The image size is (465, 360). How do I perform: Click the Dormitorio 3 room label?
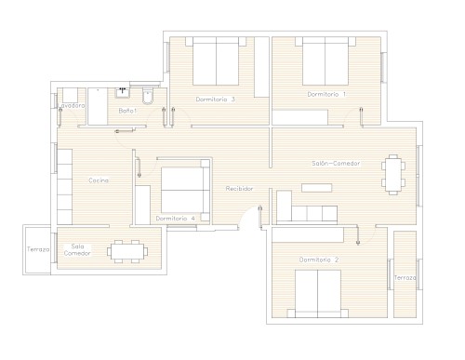pyautogui.click(x=216, y=100)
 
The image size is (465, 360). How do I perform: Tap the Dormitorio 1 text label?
pyautogui.click(x=326, y=94)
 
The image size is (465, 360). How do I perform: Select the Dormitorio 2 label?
pyautogui.click(x=319, y=260)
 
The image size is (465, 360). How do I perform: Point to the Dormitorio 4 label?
pyautogui.click(x=175, y=219)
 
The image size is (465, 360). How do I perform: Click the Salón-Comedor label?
pyautogui.click(x=336, y=164)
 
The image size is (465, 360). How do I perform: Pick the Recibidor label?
pyautogui.click(x=239, y=189)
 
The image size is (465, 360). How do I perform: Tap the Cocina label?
pyautogui.click(x=99, y=180)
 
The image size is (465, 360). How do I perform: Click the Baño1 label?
pyautogui.click(x=127, y=111)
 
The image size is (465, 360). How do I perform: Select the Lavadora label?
pyautogui.click(x=72, y=106)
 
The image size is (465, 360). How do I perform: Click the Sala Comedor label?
pyautogui.click(x=77, y=250)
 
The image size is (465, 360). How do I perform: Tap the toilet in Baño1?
pyautogui.click(x=148, y=97)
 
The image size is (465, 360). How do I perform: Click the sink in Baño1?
pyautogui.click(x=123, y=93)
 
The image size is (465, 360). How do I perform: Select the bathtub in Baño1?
pyautogui.click(x=98, y=106)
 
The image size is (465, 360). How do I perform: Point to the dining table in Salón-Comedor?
pyautogui.click(x=393, y=175)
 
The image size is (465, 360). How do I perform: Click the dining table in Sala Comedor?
pyautogui.click(x=127, y=251)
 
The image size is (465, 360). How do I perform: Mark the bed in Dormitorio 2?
pyautogui.click(x=318, y=294)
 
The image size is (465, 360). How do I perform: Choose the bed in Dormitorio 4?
pyautogui.click(x=185, y=190)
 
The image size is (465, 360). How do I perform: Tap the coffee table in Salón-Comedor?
pyautogui.click(x=317, y=188)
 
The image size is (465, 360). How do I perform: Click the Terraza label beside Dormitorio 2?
pyautogui.click(x=405, y=278)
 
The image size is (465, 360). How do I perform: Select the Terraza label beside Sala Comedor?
pyautogui.click(x=38, y=249)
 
